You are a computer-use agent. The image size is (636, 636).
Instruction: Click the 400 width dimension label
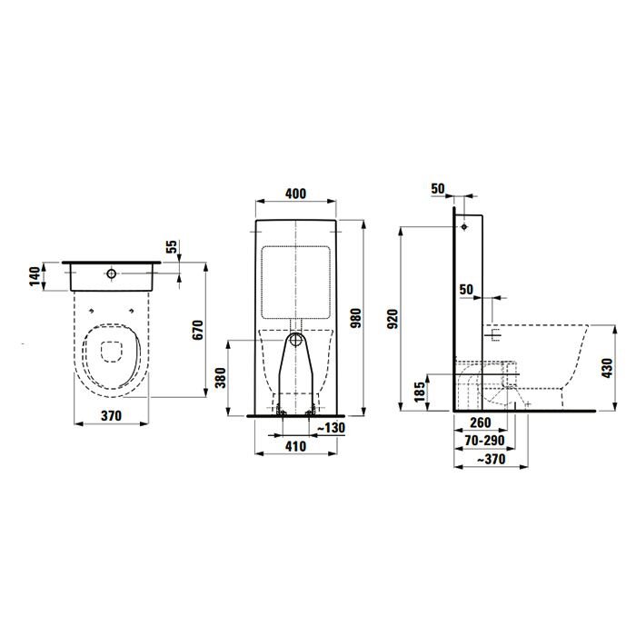[x=295, y=194]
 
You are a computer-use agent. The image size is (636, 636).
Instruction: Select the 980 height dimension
[x=356, y=318]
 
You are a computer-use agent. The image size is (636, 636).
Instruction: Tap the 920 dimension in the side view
[x=393, y=319]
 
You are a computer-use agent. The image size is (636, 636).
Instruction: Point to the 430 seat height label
[x=607, y=368]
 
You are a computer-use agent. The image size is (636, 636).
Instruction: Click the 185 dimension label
[x=420, y=392]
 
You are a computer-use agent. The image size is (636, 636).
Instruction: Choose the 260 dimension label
[x=481, y=422]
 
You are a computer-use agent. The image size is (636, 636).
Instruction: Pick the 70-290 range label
[x=485, y=441]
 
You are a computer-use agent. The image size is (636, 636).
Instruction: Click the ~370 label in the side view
[x=491, y=459]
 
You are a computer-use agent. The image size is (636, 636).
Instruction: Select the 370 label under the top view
[x=111, y=416]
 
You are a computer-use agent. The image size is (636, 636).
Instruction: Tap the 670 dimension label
[x=197, y=330]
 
